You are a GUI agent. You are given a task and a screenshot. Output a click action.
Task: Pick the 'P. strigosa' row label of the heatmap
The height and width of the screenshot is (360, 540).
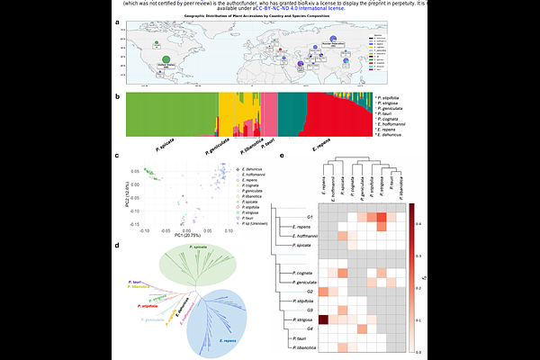coord(301,319)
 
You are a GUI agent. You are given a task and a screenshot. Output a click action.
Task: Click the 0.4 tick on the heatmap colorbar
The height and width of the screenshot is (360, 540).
coord(432,222)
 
